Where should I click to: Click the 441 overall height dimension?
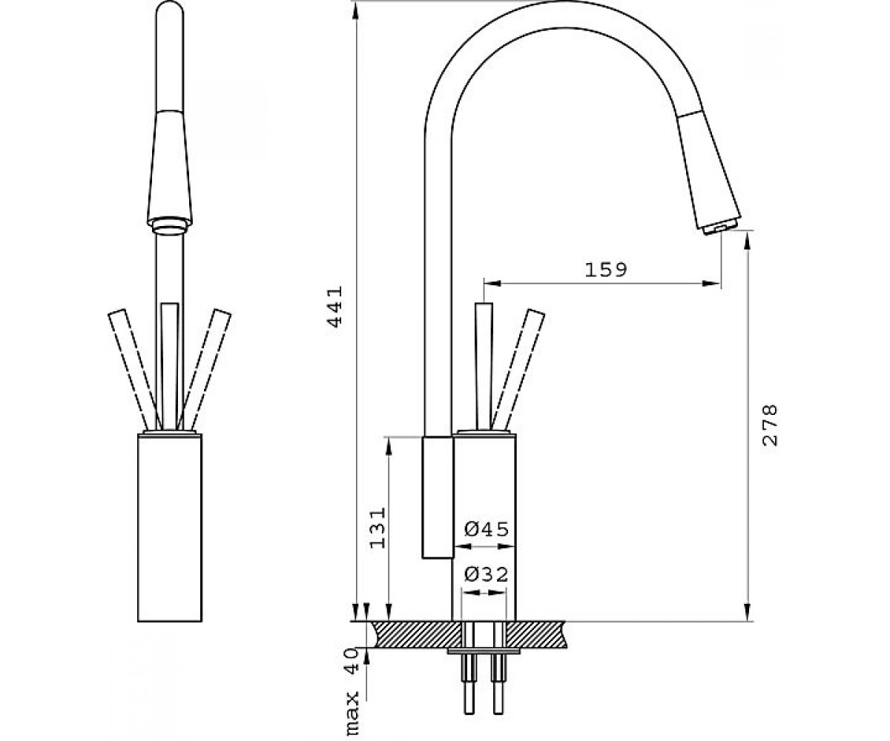point(335,306)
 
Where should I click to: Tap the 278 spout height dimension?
point(770,425)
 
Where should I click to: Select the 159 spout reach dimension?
point(606,270)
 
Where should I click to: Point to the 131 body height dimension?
point(378,528)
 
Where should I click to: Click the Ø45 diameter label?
point(487,529)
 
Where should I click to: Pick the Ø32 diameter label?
point(486,575)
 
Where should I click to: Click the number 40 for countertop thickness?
point(352,661)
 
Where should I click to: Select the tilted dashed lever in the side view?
point(517,369)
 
